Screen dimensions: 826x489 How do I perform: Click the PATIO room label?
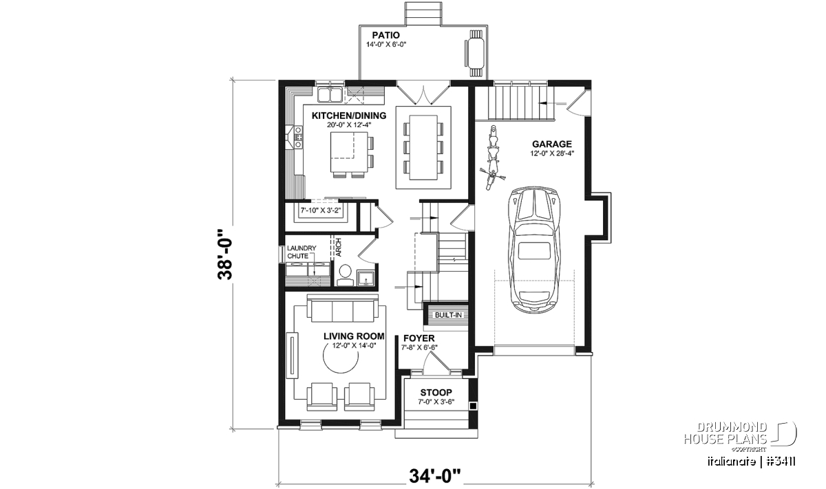point(385,35)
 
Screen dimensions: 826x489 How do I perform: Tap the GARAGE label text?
point(551,144)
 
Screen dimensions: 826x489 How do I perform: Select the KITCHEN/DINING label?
point(349,116)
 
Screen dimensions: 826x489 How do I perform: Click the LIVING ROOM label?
point(354,336)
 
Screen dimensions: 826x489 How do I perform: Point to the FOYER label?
point(419,338)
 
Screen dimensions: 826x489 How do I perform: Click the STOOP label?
point(436,393)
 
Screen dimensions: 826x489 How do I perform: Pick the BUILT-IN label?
point(448,315)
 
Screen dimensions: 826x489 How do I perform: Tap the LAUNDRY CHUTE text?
point(301,252)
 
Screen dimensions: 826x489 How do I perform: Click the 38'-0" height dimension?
point(225,254)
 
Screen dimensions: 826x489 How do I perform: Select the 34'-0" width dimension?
point(435,476)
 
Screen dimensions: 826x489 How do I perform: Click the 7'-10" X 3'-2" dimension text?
point(321,210)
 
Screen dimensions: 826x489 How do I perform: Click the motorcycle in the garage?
point(492,157)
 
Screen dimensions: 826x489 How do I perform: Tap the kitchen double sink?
point(71,94)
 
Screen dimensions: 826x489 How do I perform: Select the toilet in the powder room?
point(345,275)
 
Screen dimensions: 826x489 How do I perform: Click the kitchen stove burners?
point(299,137)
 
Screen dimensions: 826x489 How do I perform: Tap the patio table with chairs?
point(475,54)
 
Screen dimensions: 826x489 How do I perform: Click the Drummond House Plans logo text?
point(726,433)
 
